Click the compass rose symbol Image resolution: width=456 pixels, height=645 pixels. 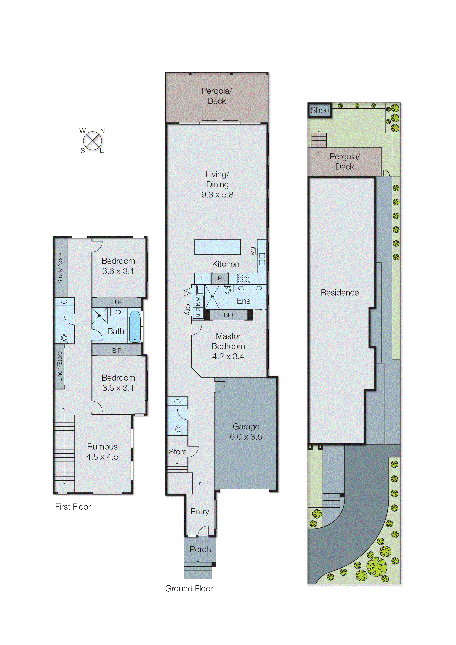[x=92, y=141]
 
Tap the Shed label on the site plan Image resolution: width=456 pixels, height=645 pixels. [x=320, y=110]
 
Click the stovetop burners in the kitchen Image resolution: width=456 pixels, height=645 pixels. [x=243, y=278]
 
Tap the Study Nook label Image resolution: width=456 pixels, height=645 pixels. [x=60, y=268]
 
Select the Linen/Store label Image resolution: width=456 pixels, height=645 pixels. [x=60, y=366]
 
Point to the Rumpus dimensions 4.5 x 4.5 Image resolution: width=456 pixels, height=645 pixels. [x=102, y=457]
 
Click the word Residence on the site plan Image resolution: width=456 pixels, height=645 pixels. [x=340, y=293]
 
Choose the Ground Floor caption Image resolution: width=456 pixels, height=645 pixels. [x=189, y=588]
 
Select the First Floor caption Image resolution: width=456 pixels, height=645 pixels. [x=73, y=507]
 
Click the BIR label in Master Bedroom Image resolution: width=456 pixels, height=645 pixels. [x=228, y=315]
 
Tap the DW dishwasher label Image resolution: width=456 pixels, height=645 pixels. [x=252, y=251]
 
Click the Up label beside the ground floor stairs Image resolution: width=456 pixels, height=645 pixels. [x=199, y=483]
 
